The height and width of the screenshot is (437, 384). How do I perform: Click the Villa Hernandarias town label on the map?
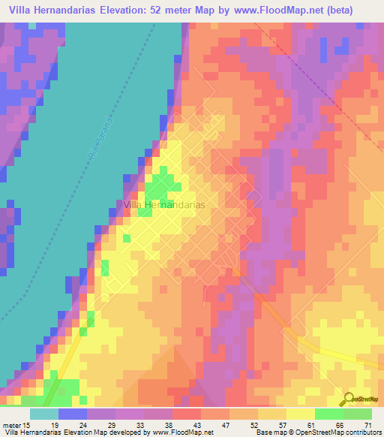163,203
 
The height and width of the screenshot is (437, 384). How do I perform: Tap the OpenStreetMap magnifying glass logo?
348,399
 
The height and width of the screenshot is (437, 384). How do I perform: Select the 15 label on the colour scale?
26,425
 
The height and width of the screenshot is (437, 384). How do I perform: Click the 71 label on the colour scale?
367,425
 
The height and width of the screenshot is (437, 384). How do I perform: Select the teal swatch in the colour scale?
43,414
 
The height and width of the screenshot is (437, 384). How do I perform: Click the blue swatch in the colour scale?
73,414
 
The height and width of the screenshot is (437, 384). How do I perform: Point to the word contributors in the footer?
361,432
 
